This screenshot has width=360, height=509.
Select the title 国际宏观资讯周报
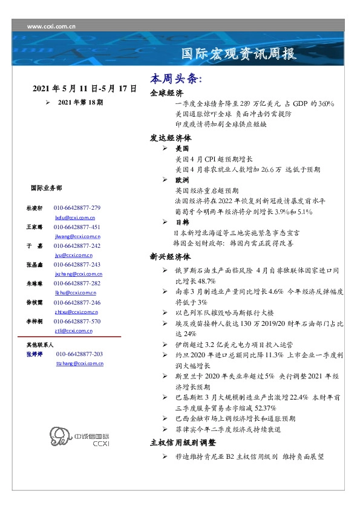(240, 54)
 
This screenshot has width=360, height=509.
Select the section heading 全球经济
(166, 94)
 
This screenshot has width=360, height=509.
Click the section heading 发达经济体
(171, 137)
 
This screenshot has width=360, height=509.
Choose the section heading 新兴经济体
(171, 256)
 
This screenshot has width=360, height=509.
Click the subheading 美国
(182, 148)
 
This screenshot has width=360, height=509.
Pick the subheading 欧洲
(182, 180)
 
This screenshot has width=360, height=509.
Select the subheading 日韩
(182, 222)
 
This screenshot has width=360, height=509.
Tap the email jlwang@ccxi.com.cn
(77, 236)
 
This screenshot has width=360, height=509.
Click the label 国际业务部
(46, 188)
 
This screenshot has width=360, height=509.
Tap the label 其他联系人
(41, 344)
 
